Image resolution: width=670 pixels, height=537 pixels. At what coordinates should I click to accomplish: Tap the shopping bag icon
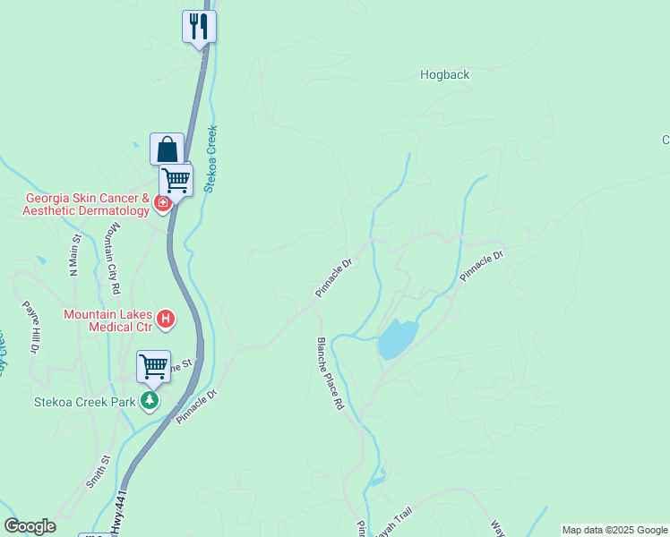pyautogui.click(x=167, y=149)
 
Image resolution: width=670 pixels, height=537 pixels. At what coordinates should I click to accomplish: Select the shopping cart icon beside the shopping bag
pyautogui.click(x=176, y=180)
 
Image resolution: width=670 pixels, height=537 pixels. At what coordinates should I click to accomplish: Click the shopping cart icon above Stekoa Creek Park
pyautogui.click(x=153, y=365)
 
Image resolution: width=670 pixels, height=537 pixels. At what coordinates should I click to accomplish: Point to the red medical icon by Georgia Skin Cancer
pyautogui.click(x=162, y=203)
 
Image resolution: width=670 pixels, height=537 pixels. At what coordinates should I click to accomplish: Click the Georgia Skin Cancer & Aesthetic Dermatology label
pyautogui.click(x=87, y=204)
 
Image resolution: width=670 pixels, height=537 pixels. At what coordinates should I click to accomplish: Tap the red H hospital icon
pyautogui.click(x=165, y=318)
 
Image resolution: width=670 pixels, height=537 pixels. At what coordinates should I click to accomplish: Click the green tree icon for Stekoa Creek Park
pyautogui.click(x=150, y=400)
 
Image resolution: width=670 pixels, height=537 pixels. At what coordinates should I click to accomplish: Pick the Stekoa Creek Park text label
pyautogui.click(x=85, y=403)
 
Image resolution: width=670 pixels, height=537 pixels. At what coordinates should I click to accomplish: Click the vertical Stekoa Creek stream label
pyautogui.click(x=211, y=158)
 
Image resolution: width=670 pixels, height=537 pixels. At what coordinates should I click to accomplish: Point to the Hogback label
pyautogui.click(x=444, y=75)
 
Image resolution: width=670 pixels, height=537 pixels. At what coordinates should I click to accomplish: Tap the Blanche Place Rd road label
pyautogui.click(x=329, y=374)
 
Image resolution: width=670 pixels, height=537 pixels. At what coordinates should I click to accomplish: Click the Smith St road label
pyautogui.click(x=98, y=471)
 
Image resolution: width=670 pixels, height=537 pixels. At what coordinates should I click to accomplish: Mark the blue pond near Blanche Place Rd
pyautogui.click(x=397, y=338)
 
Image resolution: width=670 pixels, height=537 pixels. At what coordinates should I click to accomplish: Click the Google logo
pyautogui.click(x=30, y=526)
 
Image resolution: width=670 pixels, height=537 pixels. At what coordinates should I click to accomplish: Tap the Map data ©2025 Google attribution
pyautogui.click(x=614, y=530)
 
